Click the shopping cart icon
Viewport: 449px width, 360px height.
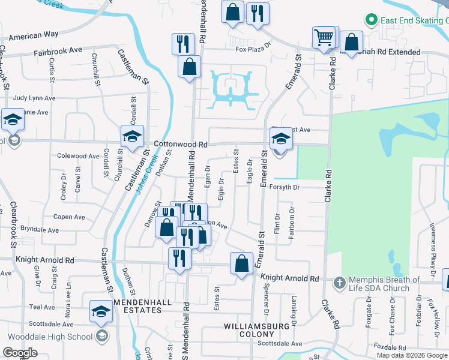click(324, 38)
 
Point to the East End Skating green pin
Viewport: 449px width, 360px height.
click(370, 20)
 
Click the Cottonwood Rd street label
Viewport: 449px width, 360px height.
click(180, 144)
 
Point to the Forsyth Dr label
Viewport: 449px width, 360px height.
click(292, 187)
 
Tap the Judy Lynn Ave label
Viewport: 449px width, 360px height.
click(34, 98)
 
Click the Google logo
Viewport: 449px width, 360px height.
click(20, 352)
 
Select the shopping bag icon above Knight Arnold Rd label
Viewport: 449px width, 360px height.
click(241, 263)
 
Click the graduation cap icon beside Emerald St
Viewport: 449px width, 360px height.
click(280, 140)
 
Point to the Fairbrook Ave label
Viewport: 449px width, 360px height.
click(57, 52)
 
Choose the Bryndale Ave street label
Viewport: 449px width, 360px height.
click(40, 230)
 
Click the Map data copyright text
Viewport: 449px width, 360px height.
click(412, 355)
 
